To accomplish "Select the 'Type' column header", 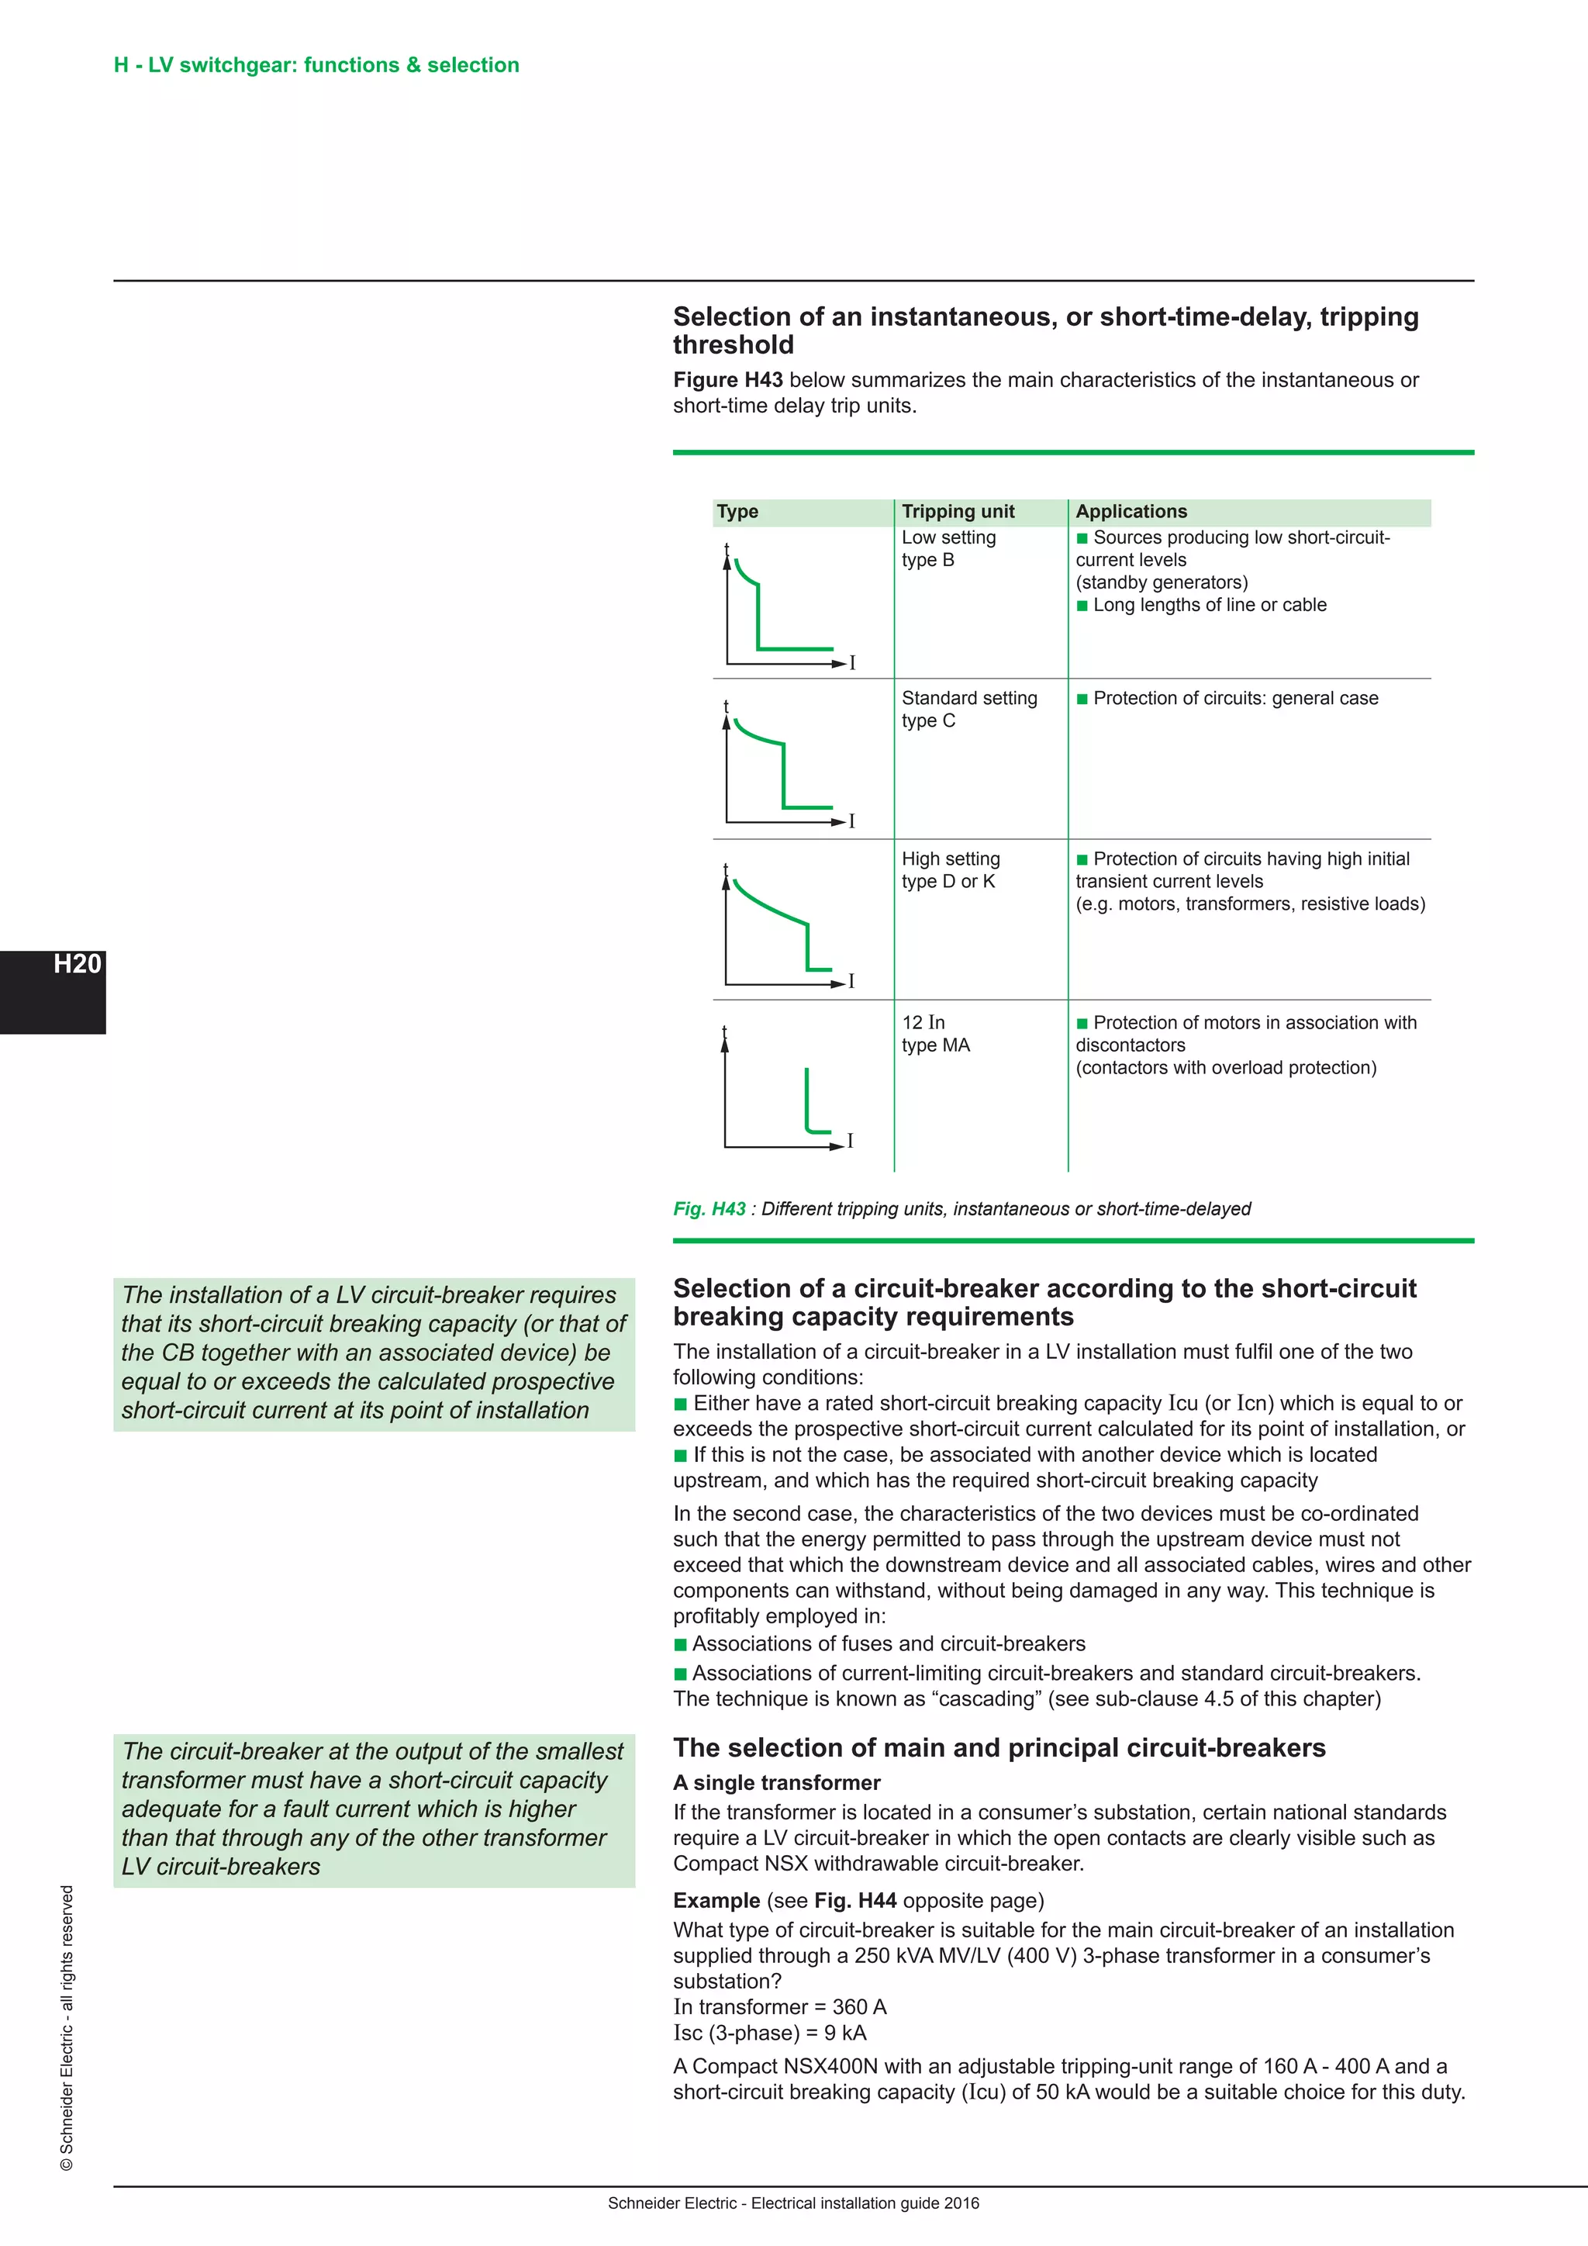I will click(737, 512).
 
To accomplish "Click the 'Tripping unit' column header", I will click(958, 512).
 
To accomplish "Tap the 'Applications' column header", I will click(1131, 512).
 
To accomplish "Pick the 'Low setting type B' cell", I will click(948, 549).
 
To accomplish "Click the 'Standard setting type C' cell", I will click(968, 709).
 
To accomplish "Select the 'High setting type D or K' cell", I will click(950, 869).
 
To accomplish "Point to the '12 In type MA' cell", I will click(935, 1034).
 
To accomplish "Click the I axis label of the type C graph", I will click(851, 822).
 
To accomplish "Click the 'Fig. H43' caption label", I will click(709, 1209).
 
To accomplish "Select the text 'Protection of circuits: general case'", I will click(1235, 699).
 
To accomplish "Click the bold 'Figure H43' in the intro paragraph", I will click(727, 381).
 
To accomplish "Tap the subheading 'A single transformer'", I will click(776, 1782).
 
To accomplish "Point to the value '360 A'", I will click(858, 2007).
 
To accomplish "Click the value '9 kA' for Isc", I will click(845, 2033).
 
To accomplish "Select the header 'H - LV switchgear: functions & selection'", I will click(316, 66).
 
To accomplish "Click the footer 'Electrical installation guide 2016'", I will click(865, 2203).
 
